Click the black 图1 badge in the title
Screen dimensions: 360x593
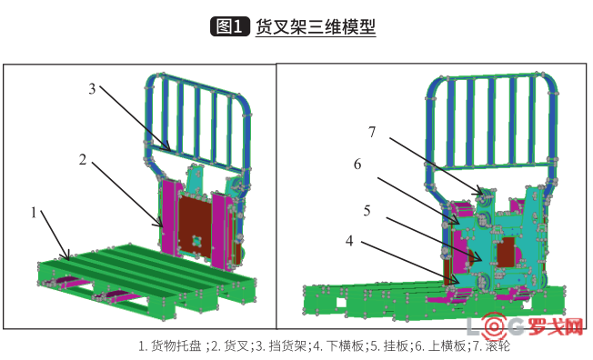tap(229, 26)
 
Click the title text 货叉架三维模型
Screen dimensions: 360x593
tap(315, 26)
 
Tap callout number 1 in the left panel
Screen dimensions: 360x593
tap(34, 213)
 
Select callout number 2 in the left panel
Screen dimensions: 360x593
tap(82, 160)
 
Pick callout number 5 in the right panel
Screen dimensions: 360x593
tap(367, 210)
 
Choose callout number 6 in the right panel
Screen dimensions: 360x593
tap(357, 164)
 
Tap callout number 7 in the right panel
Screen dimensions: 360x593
tap(372, 132)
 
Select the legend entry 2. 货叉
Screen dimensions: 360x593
tap(229, 346)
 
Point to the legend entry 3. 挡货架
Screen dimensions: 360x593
tap(281, 346)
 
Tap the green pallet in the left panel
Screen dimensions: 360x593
tap(136, 273)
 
